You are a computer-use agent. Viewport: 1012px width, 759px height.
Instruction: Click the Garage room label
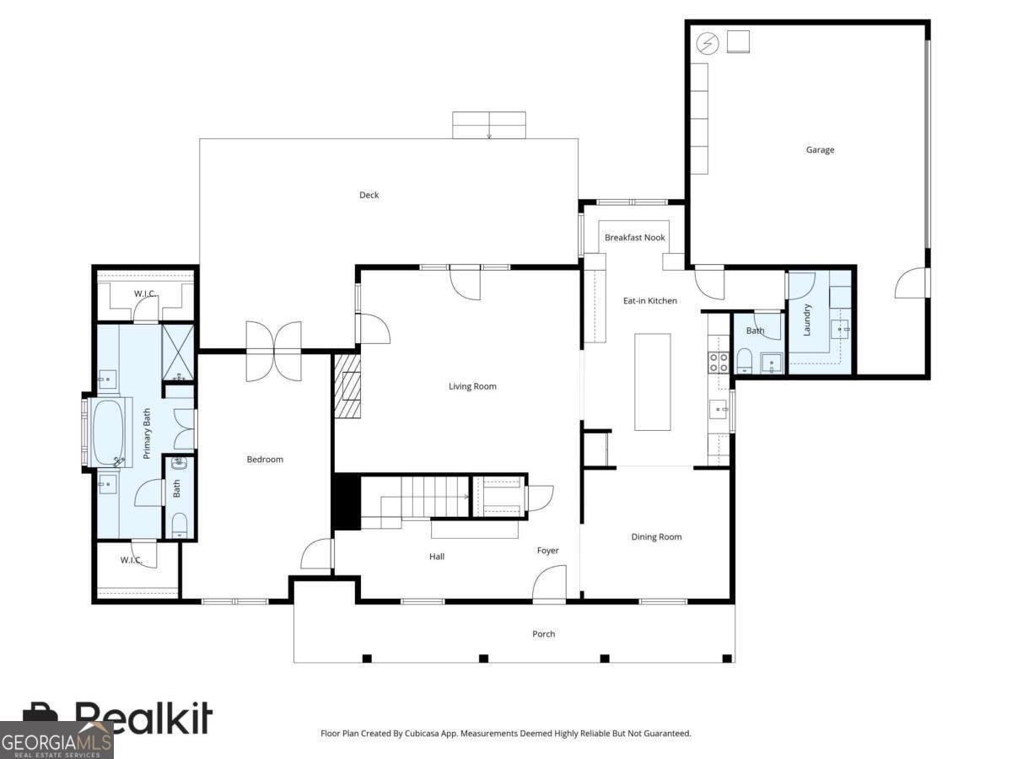tap(820, 150)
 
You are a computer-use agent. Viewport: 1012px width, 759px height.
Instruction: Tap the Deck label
tap(369, 195)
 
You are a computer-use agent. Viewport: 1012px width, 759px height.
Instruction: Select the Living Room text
tap(472, 386)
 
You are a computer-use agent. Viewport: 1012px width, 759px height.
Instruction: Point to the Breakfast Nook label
tap(634, 237)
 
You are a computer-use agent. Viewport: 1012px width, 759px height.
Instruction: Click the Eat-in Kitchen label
tap(649, 300)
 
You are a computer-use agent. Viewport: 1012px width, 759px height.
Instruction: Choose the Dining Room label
tap(656, 536)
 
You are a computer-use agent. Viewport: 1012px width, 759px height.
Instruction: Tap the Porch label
tap(544, 633)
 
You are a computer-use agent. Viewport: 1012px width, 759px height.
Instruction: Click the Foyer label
tap(547, 550)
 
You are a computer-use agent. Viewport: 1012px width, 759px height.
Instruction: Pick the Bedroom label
tap(265, 459)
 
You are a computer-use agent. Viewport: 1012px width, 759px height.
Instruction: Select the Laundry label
tap(806, 320)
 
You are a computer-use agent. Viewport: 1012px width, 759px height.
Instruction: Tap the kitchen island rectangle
tap(653, 382)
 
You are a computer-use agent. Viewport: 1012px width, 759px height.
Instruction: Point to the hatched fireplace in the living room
tap(347, 385)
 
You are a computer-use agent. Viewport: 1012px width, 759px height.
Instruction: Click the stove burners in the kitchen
tap(719, 362)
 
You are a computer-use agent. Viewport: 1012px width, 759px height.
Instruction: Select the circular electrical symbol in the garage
tap(708, 44)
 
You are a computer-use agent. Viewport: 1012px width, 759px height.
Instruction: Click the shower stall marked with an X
tap(177, 353)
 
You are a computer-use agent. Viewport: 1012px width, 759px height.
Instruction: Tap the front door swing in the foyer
tap(549, 583)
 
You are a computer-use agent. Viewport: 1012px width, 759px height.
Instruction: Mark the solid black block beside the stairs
tap(347, 502)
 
